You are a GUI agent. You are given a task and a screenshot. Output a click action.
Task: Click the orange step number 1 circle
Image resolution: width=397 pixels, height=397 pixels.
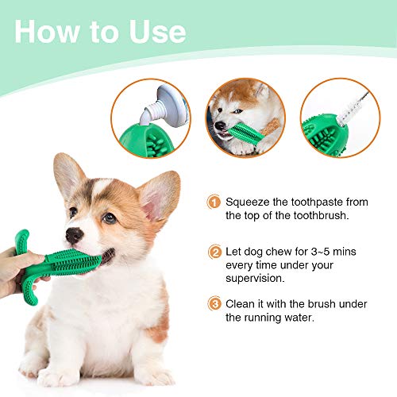click(214, 203)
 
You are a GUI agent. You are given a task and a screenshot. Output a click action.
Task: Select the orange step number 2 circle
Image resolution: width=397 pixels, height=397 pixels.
click(214, 253)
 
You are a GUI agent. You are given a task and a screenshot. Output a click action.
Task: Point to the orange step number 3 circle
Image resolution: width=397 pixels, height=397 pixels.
click(214, 303)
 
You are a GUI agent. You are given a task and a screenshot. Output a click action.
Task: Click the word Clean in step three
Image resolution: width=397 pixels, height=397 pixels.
click(241, 303)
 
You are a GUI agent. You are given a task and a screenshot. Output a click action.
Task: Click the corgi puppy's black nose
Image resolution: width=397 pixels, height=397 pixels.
click(74, 236)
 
